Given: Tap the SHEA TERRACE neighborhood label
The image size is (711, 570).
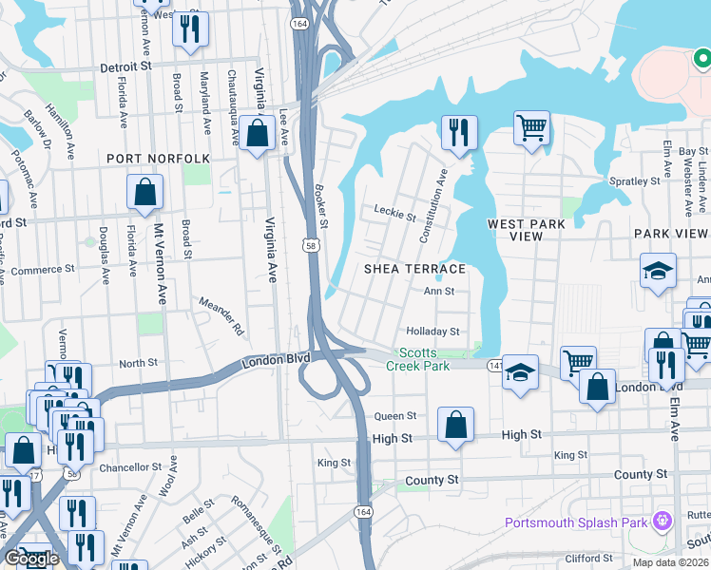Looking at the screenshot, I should (x=415, y=270).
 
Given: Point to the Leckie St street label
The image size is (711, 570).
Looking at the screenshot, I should (x=395, y=214).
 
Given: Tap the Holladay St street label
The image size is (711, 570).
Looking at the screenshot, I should (x=433, y=332).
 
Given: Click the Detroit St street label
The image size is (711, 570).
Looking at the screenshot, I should (x=126, y=67).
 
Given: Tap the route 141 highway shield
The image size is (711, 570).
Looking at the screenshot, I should (x=494, y=364).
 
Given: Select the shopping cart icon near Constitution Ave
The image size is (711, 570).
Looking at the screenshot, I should (x=531, y=127).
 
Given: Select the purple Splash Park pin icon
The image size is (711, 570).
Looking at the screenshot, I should (x=662, y=521).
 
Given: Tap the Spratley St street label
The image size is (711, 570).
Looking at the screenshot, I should (x=635, y=180).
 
